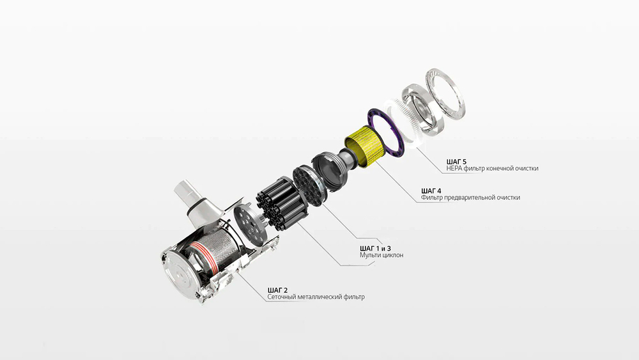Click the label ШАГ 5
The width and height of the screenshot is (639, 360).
456,161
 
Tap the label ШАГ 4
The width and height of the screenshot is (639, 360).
431,191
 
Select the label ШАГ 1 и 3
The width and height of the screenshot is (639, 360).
375,248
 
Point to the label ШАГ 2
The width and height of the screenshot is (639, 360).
277,290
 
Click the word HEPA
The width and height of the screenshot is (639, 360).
454,168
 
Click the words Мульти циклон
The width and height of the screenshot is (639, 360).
381,255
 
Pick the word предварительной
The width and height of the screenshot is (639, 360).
470,198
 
